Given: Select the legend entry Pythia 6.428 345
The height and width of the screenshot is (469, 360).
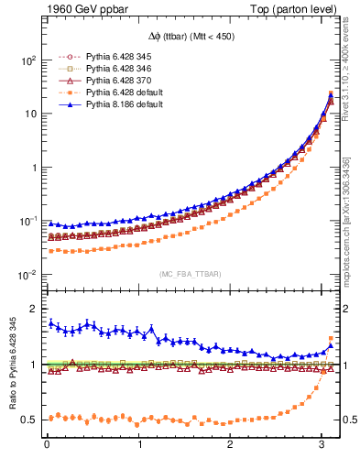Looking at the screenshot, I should coord(106,56).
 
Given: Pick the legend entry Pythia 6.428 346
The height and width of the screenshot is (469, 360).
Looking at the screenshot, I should coord(106,69).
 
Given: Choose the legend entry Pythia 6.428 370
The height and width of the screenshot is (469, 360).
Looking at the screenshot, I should coord(106,81).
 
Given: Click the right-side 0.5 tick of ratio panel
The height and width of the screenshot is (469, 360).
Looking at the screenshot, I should coord(348,420).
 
